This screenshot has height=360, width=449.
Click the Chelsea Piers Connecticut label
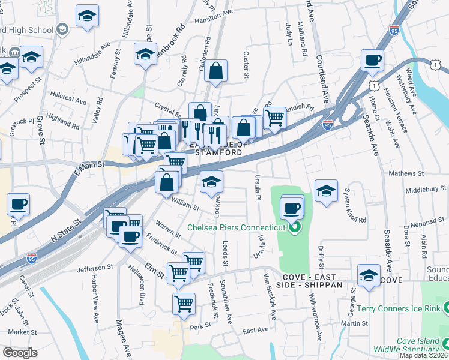[235, 228]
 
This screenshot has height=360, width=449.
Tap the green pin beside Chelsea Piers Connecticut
[294, 228]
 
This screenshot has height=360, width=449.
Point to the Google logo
[19, 353]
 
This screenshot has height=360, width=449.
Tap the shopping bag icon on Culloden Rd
[215, 71]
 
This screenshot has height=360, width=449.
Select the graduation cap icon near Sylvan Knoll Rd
[326, 191]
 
